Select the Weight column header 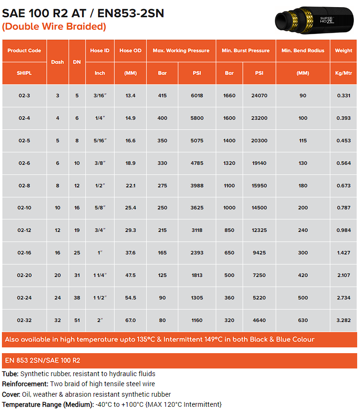tap(343, 50)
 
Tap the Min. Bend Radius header tap(303, 50)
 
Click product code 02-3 tap(24, 96)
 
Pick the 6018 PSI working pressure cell tap(197, 96)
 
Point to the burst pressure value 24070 tap(259, 96)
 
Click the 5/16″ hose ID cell tap(100, 141)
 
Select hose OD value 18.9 tap(130, 163)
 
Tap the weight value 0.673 tap(343, 186)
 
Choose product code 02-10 tap(24, 208)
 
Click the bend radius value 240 tap(303, 230)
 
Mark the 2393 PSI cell tap(197, 253)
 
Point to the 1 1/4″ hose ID tap(100, 276)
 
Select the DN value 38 tap(77, 298)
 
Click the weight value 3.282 tap(343, 320)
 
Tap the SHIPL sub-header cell tap(24, 73)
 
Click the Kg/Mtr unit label tap(343, 73)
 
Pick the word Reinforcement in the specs tap(24, 384)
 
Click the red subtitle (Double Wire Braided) tap(54, 26)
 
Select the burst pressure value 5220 tap(259, 298)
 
